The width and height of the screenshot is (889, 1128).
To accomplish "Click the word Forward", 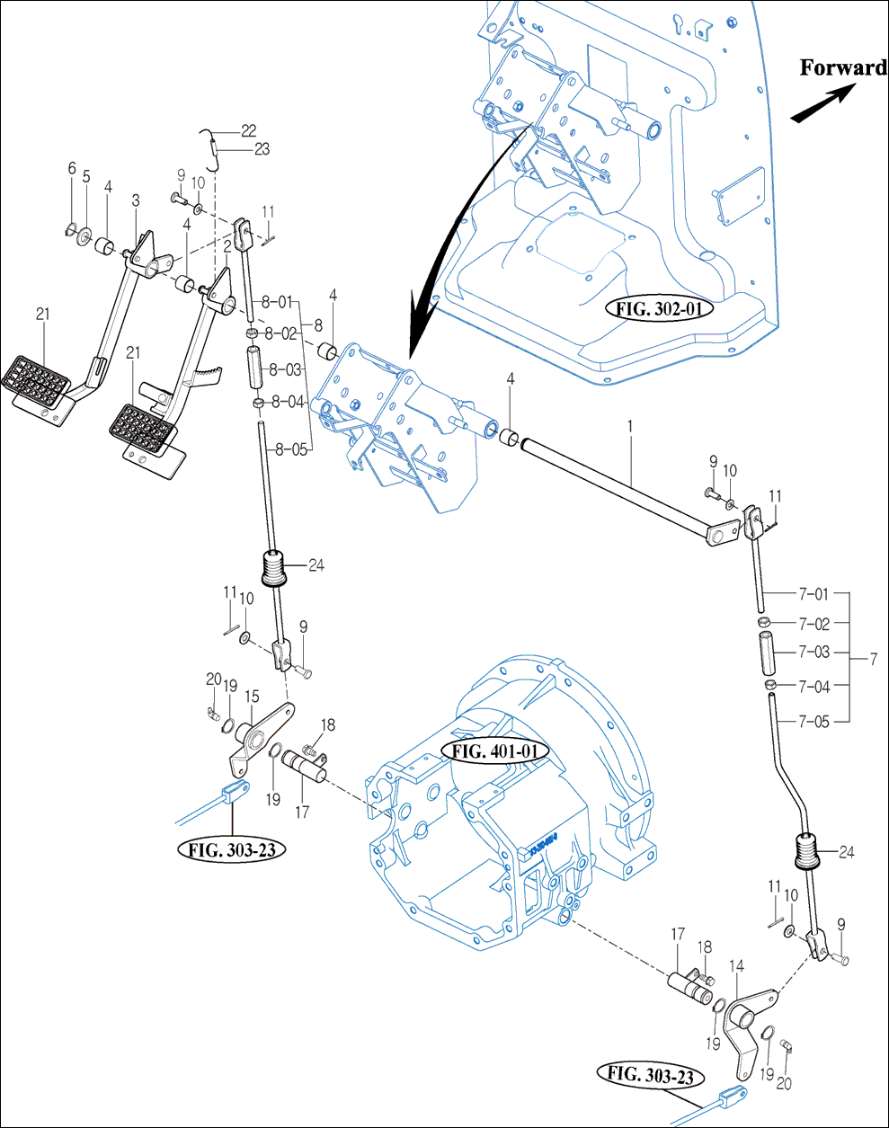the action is [x=843, y=67].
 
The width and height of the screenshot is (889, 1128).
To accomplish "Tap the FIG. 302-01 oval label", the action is [x=658, y=308].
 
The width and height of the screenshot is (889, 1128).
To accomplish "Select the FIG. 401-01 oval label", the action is [x=494, y=751].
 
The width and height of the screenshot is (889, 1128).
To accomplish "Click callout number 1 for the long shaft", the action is [x=629, y=427].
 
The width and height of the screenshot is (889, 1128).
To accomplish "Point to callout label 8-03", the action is [x=286, y=369].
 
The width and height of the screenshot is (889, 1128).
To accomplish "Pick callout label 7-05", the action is [x=814, y=722].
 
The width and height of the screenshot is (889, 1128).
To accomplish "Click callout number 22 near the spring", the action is [x=248, y=130].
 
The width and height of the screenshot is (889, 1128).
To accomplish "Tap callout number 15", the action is [x=252, y=697].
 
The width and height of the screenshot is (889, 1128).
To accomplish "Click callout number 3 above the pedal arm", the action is [x=136, y=200].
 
